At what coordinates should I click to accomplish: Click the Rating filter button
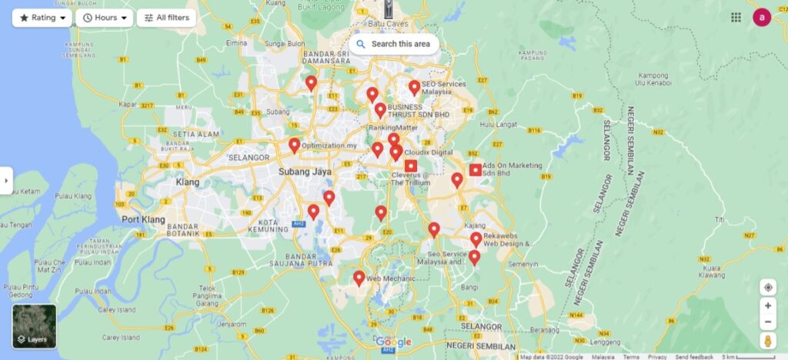tap(42, 18)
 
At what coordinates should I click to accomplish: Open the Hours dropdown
tap(105, 18)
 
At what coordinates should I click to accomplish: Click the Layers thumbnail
tap(34, 326)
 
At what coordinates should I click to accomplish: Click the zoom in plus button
tap(767, 305)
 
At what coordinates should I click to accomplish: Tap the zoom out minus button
tap(767, 322)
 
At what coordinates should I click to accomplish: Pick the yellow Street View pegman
tap(767, 342)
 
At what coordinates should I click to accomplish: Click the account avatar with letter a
tap(762, 17)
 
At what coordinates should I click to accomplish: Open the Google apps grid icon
tap(736, 17)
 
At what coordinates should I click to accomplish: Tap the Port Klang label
tap(143, 219)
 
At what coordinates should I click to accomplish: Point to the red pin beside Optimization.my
tap(295, 145)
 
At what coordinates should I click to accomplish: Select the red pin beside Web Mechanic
tap(359, 278)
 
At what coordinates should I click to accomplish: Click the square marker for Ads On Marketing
tap(476, 170)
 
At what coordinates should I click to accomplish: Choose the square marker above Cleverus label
tap(411, 165)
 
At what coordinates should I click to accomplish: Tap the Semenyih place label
tap(523, 264)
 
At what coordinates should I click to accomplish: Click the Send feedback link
tap(693, 357)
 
